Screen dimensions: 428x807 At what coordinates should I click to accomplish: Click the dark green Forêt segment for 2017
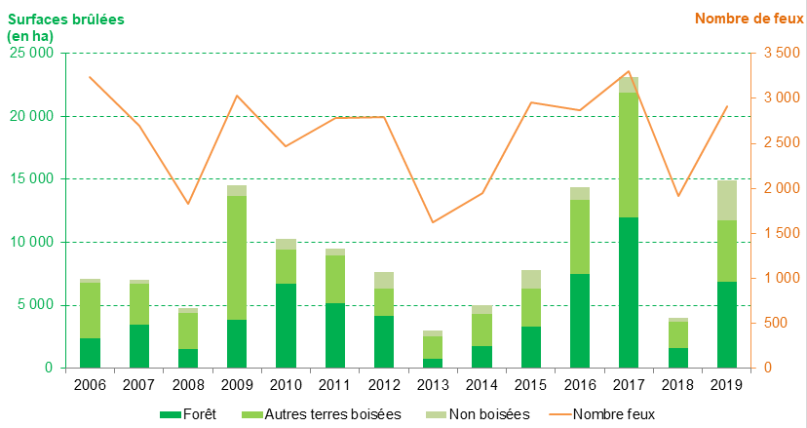click(628, 292)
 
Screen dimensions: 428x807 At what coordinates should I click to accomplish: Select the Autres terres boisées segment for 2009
click(236, 257)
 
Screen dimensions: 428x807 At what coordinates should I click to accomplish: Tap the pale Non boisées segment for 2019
click(726, 200)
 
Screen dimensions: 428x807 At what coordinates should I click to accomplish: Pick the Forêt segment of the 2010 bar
click(286, 326)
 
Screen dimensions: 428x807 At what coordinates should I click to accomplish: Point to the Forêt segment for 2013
click(432, 363)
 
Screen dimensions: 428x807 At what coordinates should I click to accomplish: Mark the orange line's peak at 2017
click(628, 71)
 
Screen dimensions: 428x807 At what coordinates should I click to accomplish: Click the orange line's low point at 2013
click(432, 222)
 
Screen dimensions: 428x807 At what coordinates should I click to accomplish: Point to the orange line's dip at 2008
click(187, 204)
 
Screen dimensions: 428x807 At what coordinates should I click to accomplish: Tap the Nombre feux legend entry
click(605, 414)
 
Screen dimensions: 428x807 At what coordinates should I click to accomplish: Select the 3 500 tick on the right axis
click(780, 53)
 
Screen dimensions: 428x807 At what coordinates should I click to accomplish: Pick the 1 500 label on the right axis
click(780, 233)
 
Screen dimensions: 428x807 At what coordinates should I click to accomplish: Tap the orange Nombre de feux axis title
click(749, 19)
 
